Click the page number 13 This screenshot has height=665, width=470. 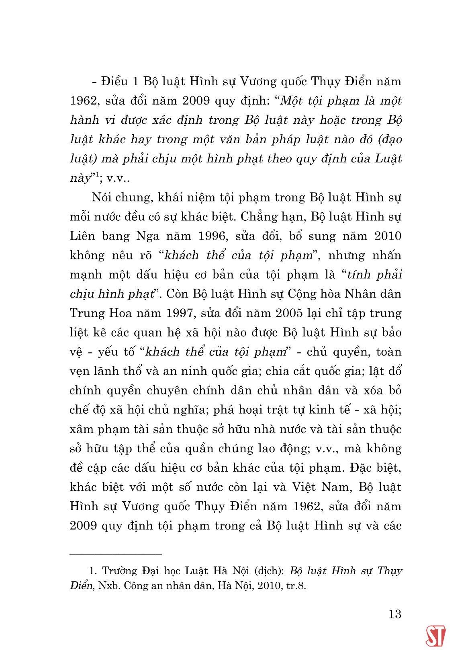click(395, 614)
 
